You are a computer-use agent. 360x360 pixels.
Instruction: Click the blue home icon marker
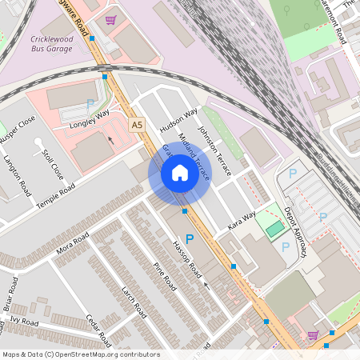click(179, 173)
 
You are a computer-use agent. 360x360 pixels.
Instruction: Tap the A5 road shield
click(137, 125)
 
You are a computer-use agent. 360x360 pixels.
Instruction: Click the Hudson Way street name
click(178, 119)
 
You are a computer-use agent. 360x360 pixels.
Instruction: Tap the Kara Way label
click(242, 220)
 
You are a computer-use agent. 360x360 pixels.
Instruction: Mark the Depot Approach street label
click(298, 232)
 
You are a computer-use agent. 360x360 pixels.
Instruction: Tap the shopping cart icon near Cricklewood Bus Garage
click(110, 19)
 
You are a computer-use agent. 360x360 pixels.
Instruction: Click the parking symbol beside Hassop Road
click(190, 238)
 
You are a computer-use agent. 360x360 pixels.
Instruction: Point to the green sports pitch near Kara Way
click(274, 230)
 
